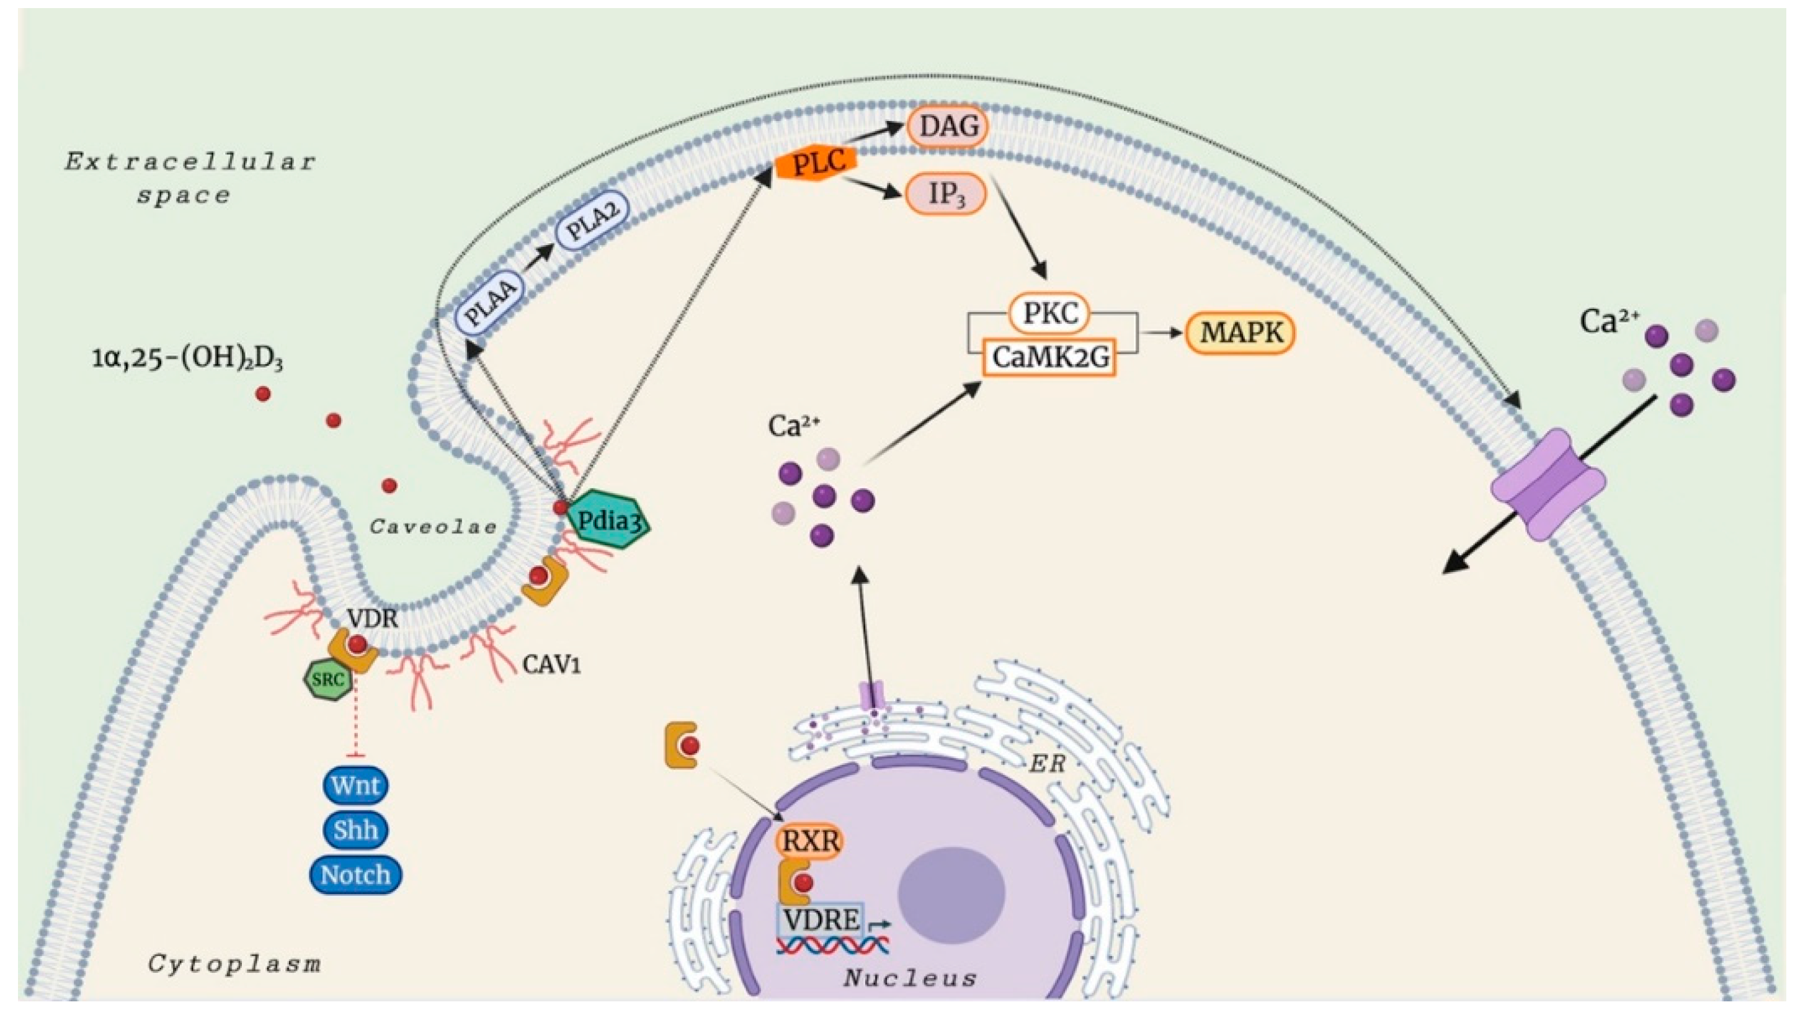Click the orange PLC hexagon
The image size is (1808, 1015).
click(817, 163)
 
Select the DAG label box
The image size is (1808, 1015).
click(948, 127)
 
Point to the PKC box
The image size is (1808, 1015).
click(1049, 313)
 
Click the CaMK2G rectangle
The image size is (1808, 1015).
click(1049, 357)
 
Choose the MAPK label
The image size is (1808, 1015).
click(1240, 333)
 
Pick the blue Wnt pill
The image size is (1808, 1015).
click(355, 785)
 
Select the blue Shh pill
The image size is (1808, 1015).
click(355, 830)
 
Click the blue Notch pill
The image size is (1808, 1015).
click(355, 875)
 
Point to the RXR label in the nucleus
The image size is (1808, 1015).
click(809, 840)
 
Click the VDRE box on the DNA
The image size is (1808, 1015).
click(821, 920)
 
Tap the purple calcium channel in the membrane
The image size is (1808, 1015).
click(1547, 485)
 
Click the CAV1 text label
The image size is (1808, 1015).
click(551, 664)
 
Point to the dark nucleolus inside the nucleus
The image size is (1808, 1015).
click(951, 892)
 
